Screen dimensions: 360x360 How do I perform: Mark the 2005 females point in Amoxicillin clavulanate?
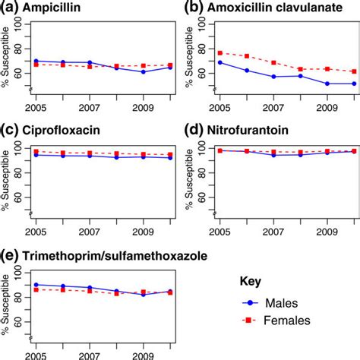click(220, 52)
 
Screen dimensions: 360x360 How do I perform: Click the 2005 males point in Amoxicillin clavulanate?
click(220, 62)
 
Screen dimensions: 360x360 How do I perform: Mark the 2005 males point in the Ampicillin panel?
click(36, 61)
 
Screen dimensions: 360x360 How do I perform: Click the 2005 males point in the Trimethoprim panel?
click(36, 285)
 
